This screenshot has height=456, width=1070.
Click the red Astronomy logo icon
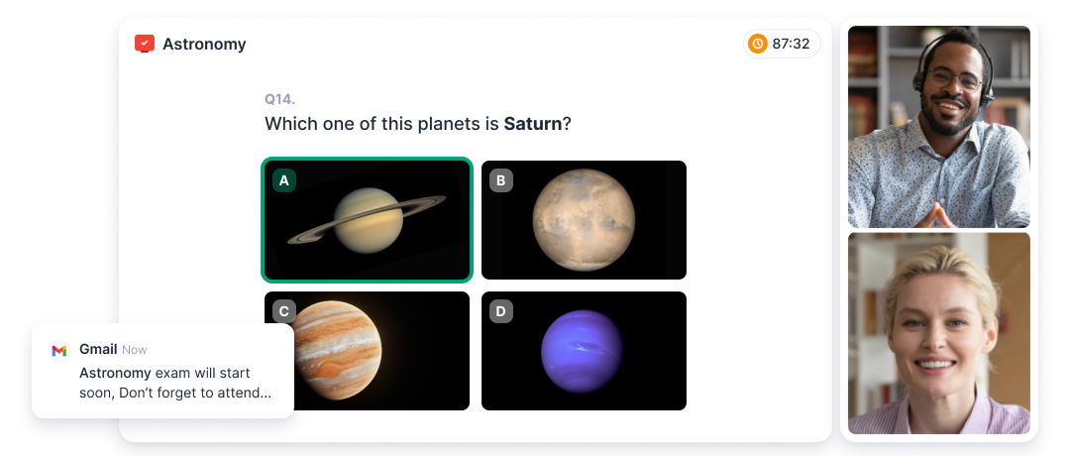point(145,44)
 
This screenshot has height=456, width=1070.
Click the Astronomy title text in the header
point(204,45)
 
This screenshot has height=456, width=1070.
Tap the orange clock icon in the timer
point(758,44)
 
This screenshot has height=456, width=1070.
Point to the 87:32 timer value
point(791,45)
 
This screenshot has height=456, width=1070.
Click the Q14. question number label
point(279,99)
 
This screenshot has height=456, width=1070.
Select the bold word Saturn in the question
point(533,124)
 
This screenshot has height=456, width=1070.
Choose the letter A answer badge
point(284,180)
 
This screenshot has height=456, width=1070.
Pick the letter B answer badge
point(501,180)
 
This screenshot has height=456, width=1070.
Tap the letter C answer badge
point(284,312)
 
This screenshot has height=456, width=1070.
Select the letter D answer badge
point(501,312)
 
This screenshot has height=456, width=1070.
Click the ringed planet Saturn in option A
point(368,220)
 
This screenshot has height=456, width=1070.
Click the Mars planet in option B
point(585,220)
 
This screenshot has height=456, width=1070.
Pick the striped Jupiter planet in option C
point(337,350)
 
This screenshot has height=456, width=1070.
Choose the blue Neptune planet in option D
point(583,352)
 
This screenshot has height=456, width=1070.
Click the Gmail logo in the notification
point(59,350)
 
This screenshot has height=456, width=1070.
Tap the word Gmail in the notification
point(98,350)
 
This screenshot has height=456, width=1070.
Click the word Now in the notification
point(135,350)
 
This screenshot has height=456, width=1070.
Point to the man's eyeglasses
point(955,80)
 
